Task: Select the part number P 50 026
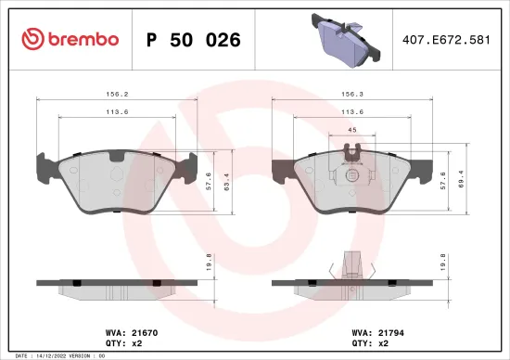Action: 194,40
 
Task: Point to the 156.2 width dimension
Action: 116,93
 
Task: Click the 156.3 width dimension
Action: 352,93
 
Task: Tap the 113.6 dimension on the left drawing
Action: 116,111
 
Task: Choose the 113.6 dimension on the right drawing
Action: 352,111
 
